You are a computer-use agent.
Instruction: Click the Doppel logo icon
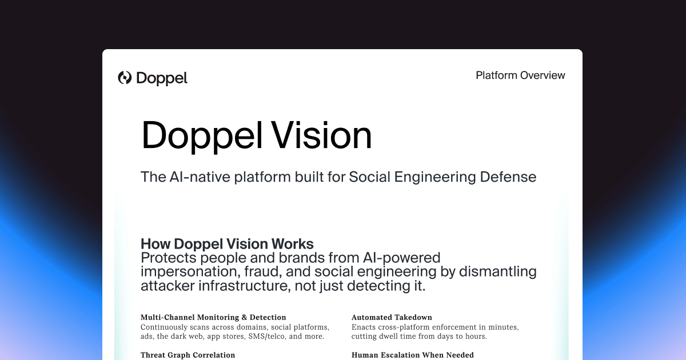coord(125,78)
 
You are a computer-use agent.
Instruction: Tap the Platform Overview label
coord(520,75)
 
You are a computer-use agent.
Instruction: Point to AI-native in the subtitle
coord(199,177)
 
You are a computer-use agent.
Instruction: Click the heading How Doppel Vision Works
coord(227,243)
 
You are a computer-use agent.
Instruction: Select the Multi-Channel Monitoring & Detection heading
coord(213,317)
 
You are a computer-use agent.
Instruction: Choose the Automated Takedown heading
coord(392,317)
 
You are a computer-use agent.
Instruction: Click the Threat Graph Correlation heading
coord(188,355)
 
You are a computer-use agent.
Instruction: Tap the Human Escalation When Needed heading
coord(412,355)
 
